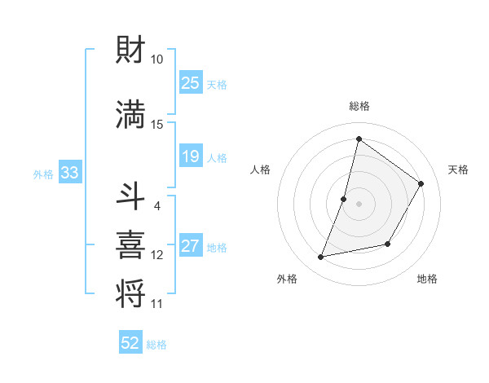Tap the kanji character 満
click(x=133, y=115)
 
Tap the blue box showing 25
click(x=191, y=83)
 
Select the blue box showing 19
click(x=191, y=156)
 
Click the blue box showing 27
click(x=191, y=246)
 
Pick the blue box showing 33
click(x=69, y=173)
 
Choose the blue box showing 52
click(x=130, y=343)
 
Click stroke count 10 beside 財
click(x=157, y=59)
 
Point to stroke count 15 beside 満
click(x=157, y=124)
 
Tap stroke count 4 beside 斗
click(x=157, y=206)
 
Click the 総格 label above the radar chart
click(x=359, y=106)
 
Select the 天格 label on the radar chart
click(x=458, y=169)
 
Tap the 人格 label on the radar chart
click(x=261, y=169)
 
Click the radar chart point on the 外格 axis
click(x=321, y=258)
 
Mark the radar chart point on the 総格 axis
click(x=359, y=139)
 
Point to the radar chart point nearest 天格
click(x=421, y=184)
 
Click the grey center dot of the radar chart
click(x=359, y=204)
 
